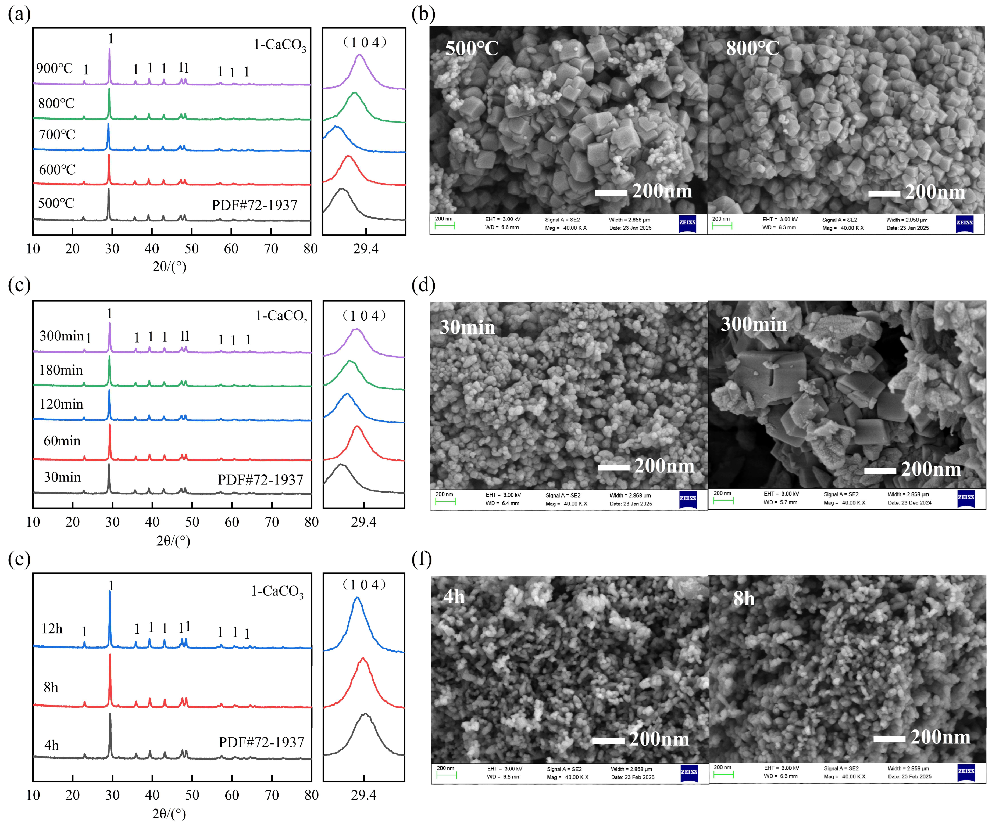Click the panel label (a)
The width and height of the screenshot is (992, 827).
(19, 14)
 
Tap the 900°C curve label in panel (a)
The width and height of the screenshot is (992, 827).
(54, 69)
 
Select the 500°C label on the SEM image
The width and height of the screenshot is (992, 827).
(472, 48)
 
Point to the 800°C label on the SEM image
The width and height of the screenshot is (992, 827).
(752, 48)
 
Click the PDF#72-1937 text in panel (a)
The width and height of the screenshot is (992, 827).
(255, 205)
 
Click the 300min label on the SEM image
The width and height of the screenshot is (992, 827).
(754, 324)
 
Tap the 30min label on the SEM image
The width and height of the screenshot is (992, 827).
(467, 327)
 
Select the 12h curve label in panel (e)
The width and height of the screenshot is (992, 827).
(52, 629)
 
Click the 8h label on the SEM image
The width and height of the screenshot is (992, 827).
(744, 599)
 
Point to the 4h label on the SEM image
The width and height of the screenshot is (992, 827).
(454, 597)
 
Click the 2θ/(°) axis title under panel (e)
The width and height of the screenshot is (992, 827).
(169, 813)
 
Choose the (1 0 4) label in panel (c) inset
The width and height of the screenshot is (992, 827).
(364, 315)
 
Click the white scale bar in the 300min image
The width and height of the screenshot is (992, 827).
(880, 471)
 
